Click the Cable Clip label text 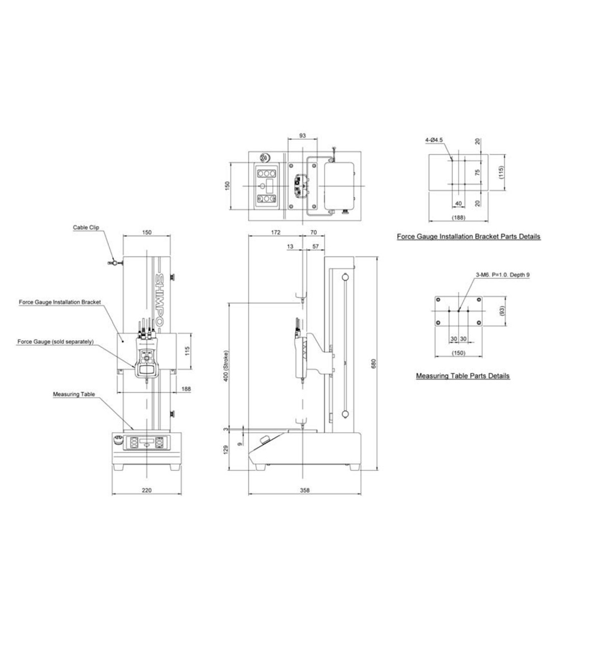(x=86, y=227)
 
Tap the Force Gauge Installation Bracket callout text (x=60, y=302)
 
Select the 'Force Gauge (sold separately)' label (x=55, y=341)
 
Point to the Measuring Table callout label (x=74, y=394)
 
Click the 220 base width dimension (x=146, y=490)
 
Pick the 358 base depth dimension (x=305, y=490)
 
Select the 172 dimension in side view (x=275, y=232)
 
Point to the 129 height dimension (x=226, y=450)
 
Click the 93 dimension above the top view (x=302, y=136)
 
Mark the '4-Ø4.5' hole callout (x=434, y=139)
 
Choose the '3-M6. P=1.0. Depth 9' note (x=502, y=274)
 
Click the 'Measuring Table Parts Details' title (x=463, y=376)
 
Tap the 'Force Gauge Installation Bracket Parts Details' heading (x=469, y=237)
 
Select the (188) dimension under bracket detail (x=458, y=218)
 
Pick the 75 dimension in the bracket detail (x=478, y=172)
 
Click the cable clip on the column (x=114, y=263)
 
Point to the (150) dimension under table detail (x=459, y=353)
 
